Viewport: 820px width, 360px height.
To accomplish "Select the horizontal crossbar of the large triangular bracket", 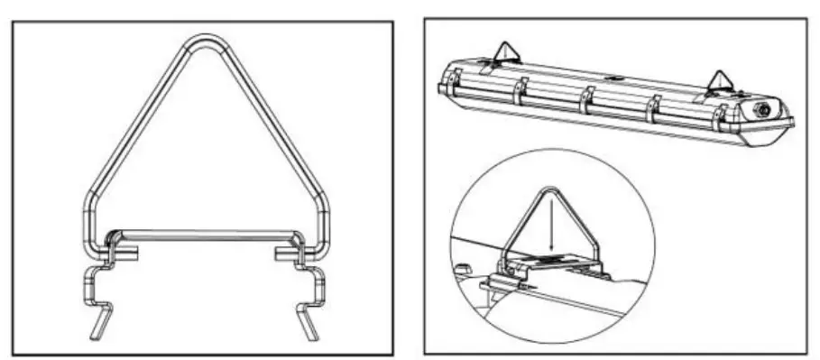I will pos(203,234).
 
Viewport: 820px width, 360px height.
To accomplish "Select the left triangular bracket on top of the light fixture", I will pos(505,51).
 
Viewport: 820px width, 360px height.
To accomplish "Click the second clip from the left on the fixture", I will pos(521,90).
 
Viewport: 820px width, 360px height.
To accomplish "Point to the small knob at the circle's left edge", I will pos(461,267).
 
